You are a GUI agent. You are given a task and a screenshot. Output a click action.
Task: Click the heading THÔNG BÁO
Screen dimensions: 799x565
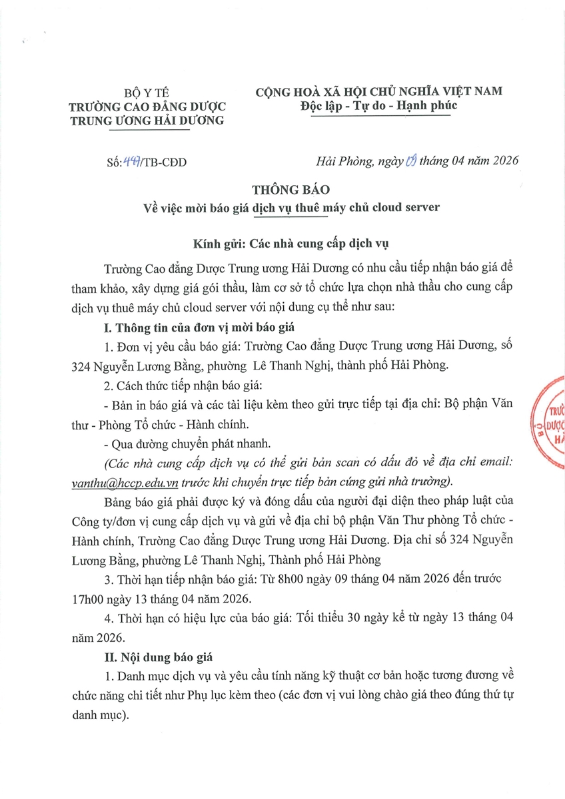point(282,189)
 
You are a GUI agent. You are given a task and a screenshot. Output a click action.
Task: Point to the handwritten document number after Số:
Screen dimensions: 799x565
point(127,161)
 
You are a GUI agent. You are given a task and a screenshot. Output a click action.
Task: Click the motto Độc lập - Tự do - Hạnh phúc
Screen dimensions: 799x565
point(379,107)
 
